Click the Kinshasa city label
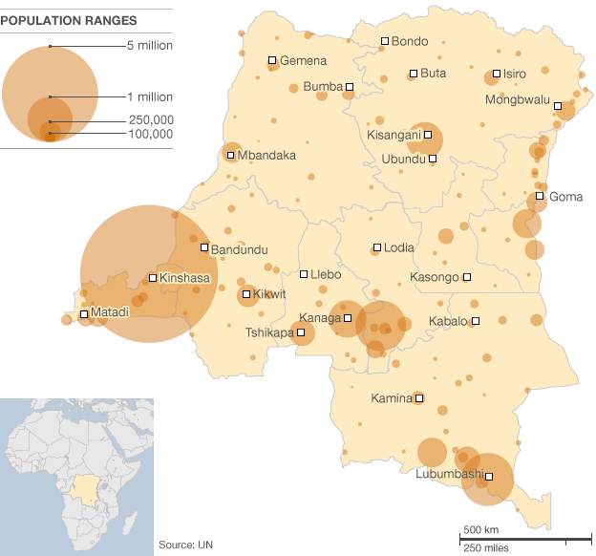pyautogui.click(x=185, y=279)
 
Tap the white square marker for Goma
pyautogui.click(x=540, y=197)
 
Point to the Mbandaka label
pyautogui.click(x=266, y=155)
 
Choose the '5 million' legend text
pyautogui.click(x=150, y=46)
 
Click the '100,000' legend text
pyautogui.click(x=151, y=135)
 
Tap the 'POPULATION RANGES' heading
pyautogui.click(x=68, y=20)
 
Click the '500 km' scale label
pyautogui.click(x=481, y=530)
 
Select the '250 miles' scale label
pyautogui.click(x=485, y=546)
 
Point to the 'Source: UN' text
pyautogui.click(x=185, y=545)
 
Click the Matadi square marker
pyautogui.click(x=84, y=313)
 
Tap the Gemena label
pyautogui.click(x=304, y=60)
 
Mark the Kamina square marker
pyautogui.click(x=418, y=398)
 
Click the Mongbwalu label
pyautogui.click(x=518, y=99)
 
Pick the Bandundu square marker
pyautogui.click(x=204, y=247)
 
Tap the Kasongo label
pyautogui.click(x=434, y=277)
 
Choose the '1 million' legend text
pyautogui.click(x=150, y=97)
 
